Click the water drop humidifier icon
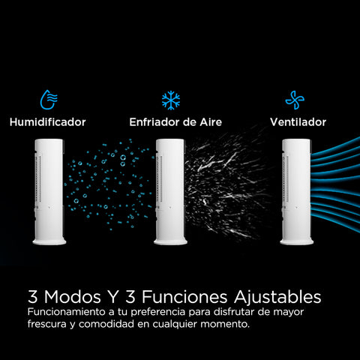49,100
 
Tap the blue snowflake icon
171,100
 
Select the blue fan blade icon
295,100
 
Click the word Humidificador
48,122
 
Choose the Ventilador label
298,122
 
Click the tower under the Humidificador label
49,192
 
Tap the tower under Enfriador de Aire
170,192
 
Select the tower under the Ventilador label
297,192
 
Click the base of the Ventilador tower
297,241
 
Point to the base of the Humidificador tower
49,241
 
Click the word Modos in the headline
73,297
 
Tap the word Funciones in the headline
184,297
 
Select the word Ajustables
277,297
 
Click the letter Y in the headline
113,297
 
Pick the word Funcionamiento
67,312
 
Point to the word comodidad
106,324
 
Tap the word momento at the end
225,325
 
